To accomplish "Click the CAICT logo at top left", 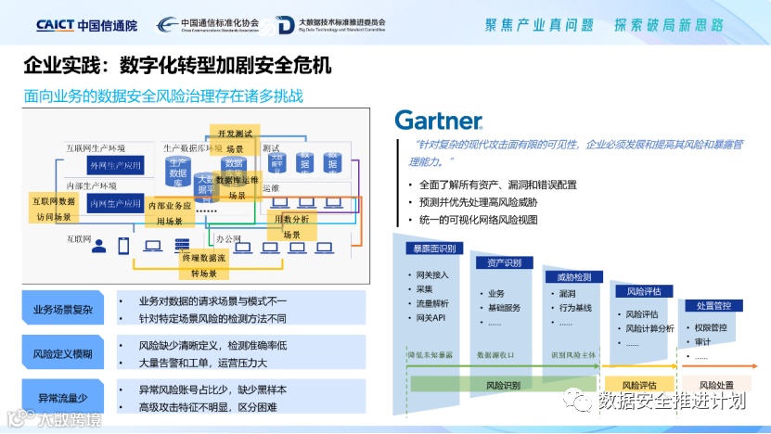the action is click(x=86, y=25).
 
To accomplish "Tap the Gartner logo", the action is click(x=438, y=121).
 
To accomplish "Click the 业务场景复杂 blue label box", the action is click(x=62, y=310).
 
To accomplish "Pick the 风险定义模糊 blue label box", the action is click(x=62, y=353).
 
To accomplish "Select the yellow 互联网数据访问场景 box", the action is click(x=54, y=209).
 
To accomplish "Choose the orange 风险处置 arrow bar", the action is click(x=716, y=385).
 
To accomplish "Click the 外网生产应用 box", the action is click(x=114, y=165).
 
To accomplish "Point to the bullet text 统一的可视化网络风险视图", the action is click(x=478, y=220).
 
